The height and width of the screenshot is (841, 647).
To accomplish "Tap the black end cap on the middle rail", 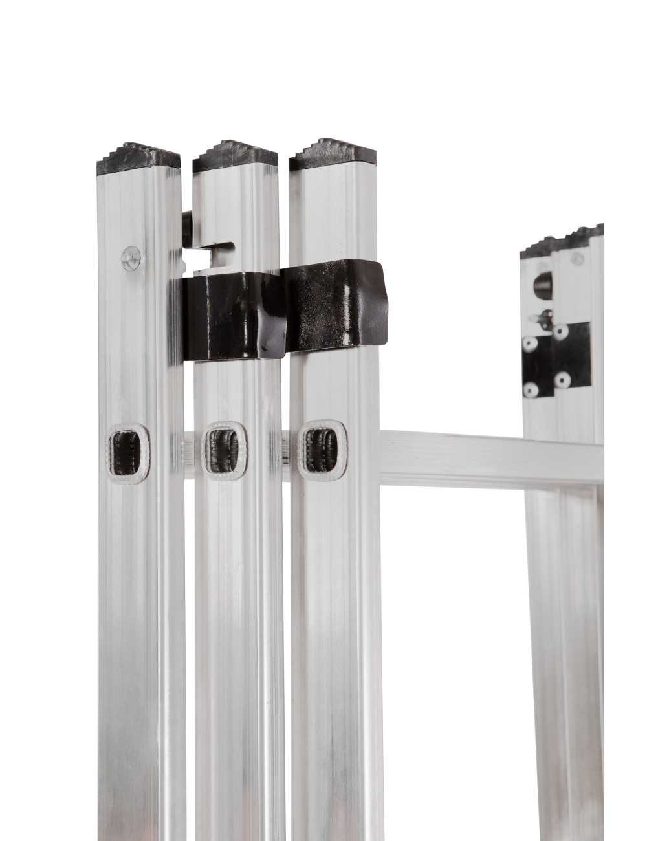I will [236, 157].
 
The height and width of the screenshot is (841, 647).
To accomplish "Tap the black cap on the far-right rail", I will [563, 241].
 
